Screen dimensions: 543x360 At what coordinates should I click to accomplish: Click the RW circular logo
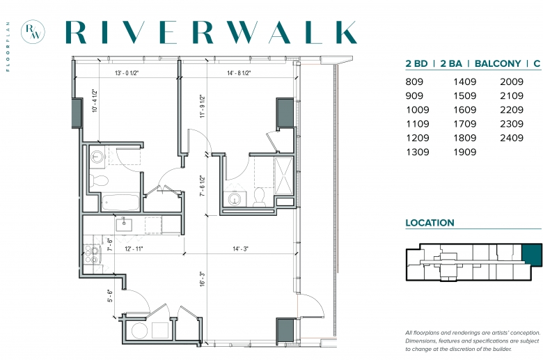tap(33, 32)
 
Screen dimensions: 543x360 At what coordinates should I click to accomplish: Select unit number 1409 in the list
tap(465, 81)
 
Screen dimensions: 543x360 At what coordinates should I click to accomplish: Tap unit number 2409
tap(512, 138)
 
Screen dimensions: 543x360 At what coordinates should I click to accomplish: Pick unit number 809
tap(414, 81)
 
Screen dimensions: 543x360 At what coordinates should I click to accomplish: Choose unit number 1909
tap(465, 152)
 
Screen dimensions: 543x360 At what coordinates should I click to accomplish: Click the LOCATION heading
tap(430, 223)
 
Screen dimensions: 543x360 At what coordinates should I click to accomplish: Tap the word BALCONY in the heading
tap(498, 64)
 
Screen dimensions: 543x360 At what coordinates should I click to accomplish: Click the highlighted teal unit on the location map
tap(532, 255)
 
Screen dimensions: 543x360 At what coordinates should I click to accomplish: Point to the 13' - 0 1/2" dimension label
tap(127, 73)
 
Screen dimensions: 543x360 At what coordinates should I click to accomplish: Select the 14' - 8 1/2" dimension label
tap(239, 73)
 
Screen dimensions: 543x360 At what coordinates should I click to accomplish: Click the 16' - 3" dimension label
tap(203, 279)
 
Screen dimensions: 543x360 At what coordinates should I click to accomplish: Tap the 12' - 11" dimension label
tap(134, 249)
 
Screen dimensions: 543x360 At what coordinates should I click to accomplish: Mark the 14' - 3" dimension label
tap(240, 249)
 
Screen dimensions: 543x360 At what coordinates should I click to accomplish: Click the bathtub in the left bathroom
tap(120, 203)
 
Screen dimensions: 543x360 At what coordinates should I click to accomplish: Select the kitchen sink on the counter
tap(124, 224)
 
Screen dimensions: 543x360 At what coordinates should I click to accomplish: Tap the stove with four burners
tap(92, 254)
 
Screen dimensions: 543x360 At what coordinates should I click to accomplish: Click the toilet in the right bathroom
tap(259, 196)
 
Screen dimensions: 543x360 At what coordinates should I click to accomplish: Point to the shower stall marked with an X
tap(283, 175)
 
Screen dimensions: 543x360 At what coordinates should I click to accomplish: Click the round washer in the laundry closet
tap(139, 331)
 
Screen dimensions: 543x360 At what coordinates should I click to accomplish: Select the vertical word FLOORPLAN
tap(8, 47)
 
